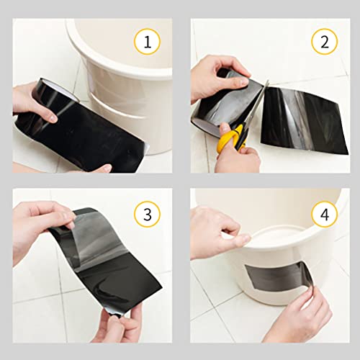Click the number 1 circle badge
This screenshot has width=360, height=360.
(x=147, y=43)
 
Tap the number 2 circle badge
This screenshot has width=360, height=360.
(x=323, y=43)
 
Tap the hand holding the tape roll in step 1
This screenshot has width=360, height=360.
(x=29, y=101)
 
